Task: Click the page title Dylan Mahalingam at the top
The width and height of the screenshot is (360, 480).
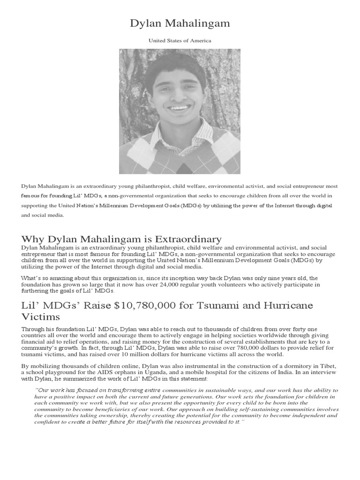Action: (180, 23)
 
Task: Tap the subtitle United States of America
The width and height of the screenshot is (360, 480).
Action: (180, 41)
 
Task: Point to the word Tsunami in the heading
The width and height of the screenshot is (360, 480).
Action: (220, 305)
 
